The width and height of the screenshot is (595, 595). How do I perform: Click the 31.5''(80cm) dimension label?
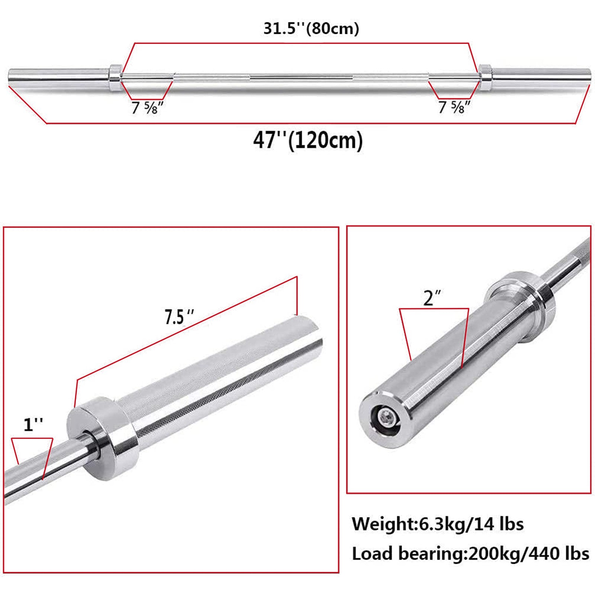[x=311, y=29]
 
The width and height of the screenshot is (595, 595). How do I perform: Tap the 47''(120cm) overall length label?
[x=308, y=140]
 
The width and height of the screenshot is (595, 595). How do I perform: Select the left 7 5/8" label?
[x=147, y=108]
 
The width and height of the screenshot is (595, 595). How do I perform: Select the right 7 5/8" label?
[x=454, y=107]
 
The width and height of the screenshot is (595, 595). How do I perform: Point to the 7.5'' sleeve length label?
[x=179, y=317]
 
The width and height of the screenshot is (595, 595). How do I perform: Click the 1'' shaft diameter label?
[x=33, y=425]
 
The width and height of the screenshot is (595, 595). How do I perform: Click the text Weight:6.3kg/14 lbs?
[x=437, y=524]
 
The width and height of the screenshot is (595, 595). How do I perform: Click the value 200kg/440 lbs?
[x=528, y=554]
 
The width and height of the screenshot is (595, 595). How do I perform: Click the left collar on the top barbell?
[x=115, y=78]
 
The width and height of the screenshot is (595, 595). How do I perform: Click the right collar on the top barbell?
[x=485, y=77]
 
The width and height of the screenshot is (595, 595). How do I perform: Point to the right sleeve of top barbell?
[x=541, y=77]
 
